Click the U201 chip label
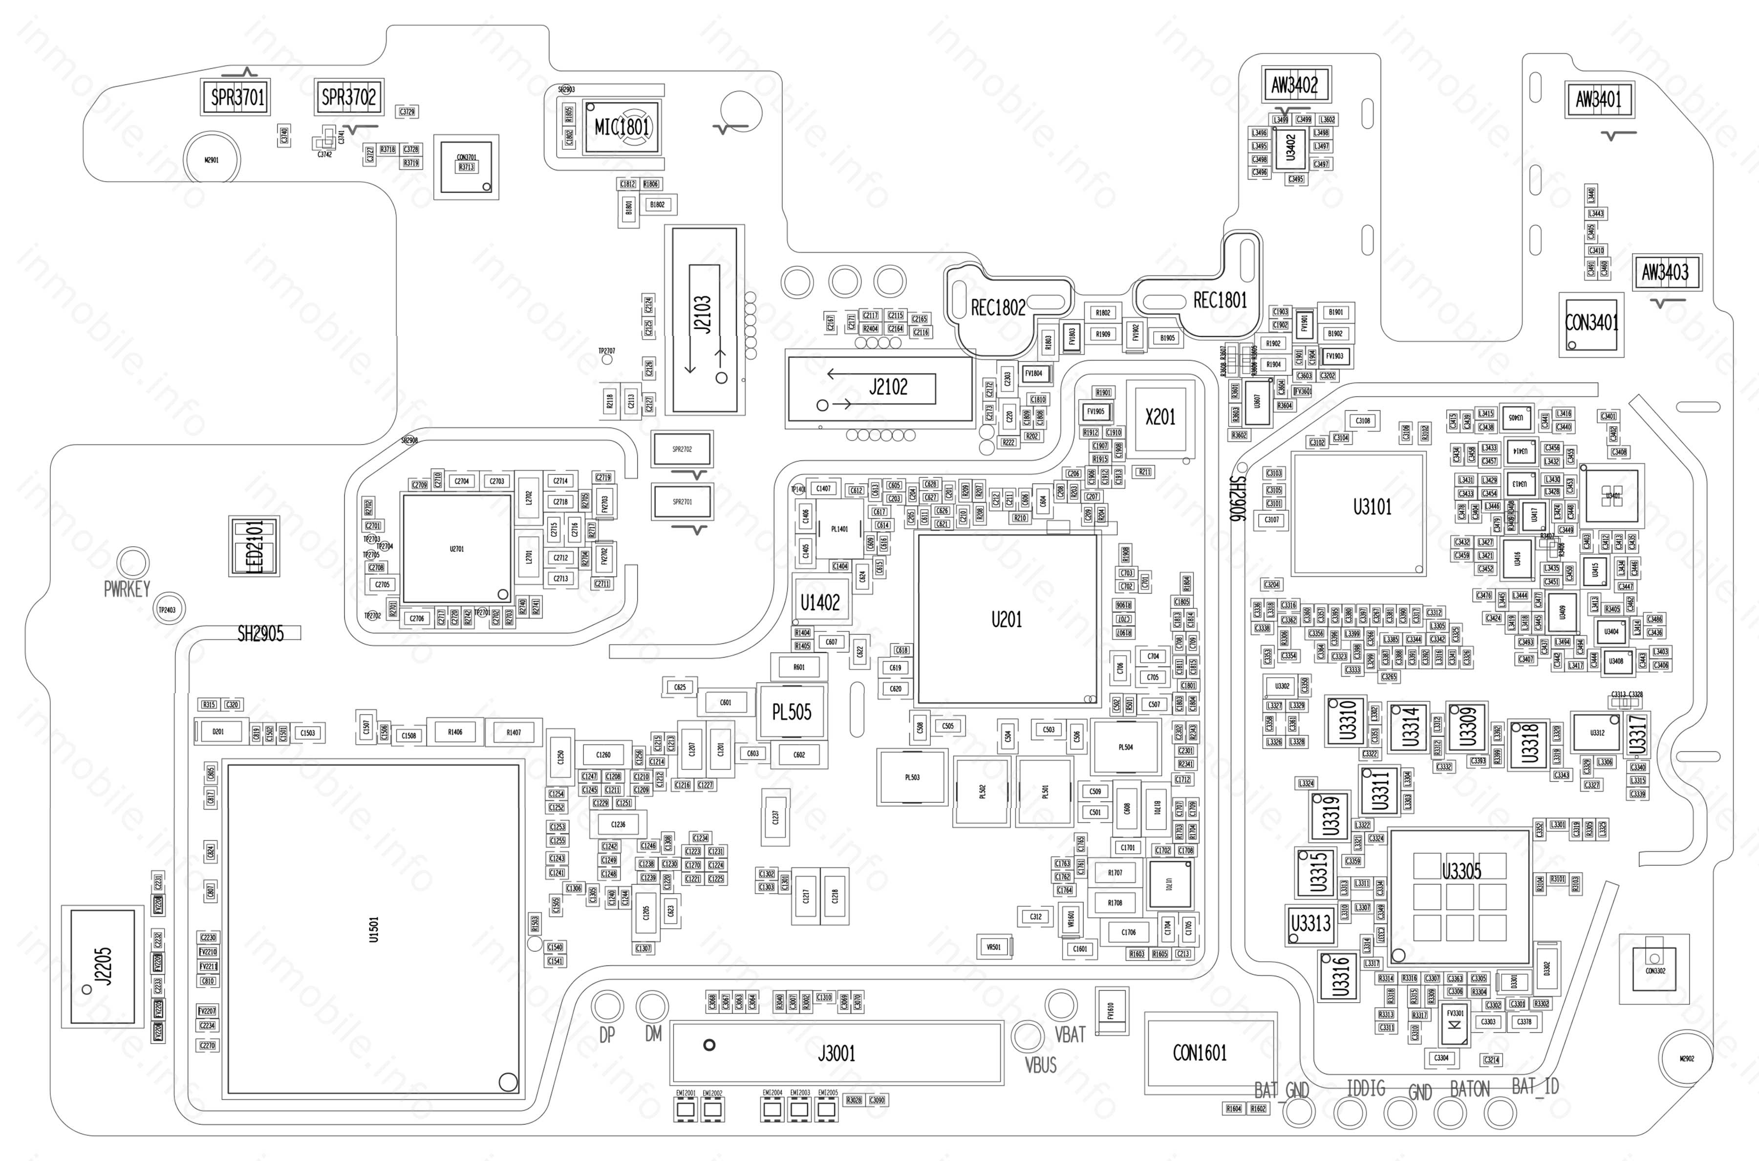tap(1006, 619)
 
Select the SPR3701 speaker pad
tap(237, 97)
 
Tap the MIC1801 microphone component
tap(622, 127)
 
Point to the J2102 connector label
tap(888, 387)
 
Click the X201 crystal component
tap(1160, 418)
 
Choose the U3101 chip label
tap(1372, 507)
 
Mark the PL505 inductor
tap(792, 712)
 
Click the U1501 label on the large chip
tap(374, 929)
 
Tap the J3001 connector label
tap(837, 1053)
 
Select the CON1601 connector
tap(1200, 1053)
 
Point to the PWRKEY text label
tap(127, 589)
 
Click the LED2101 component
tap(254, 546)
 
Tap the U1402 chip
tap(820, 602)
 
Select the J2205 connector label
tap(105, 966)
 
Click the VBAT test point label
tap(1070, 1034)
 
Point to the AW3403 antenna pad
tap(1665, 273)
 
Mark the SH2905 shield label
tap(260, 633)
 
